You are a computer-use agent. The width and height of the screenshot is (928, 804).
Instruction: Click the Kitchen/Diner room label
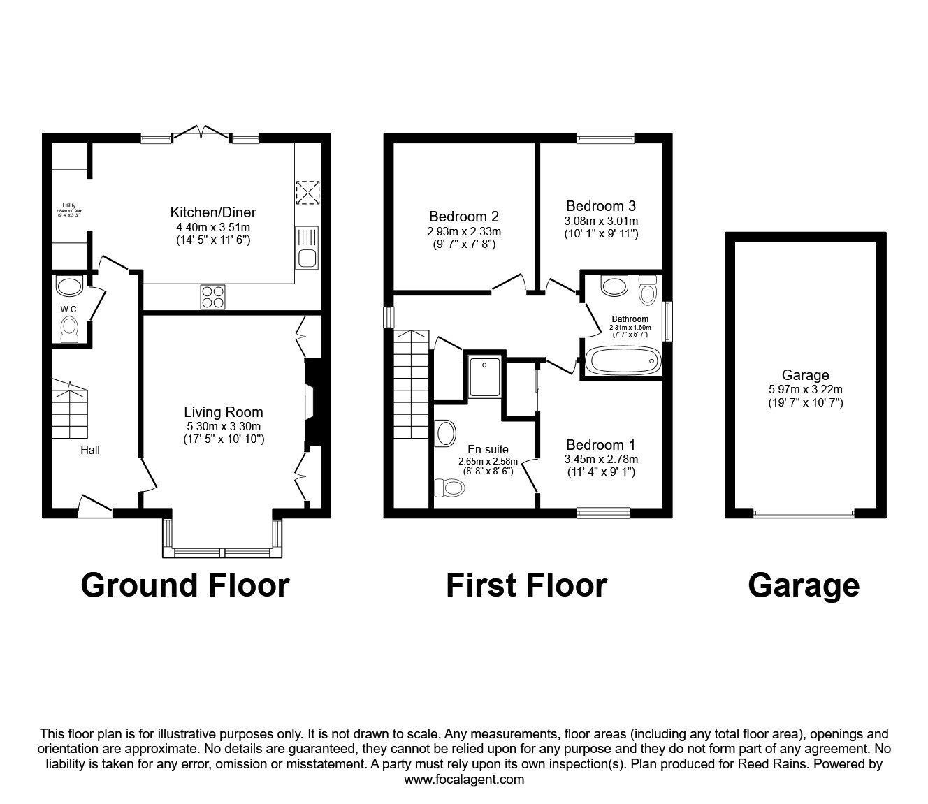pos(213,212)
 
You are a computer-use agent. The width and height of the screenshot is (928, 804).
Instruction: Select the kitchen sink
pos(307,247)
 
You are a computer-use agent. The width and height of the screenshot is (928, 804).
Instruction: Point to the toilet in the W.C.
pos(70,328)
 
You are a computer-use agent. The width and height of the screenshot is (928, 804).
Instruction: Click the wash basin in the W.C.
pos(69,286)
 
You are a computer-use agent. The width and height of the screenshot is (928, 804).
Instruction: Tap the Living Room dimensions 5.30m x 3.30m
pos(223,426)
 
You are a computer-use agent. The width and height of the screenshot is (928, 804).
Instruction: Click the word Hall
pos(89,450)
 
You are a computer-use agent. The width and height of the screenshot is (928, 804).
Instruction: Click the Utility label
pos(68,205)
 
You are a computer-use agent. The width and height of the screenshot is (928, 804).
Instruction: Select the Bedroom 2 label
pos(464,217)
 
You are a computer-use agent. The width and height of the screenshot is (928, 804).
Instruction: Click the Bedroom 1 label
pos(601,445)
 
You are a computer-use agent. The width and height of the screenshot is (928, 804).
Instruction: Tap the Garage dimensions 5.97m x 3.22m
pos(806,390)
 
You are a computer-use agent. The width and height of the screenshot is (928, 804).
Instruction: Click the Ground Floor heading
pos(184,585)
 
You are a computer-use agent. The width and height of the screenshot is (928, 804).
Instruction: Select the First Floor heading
pos(526,585)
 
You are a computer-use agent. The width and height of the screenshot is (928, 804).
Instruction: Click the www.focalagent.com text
pos(464,779)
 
